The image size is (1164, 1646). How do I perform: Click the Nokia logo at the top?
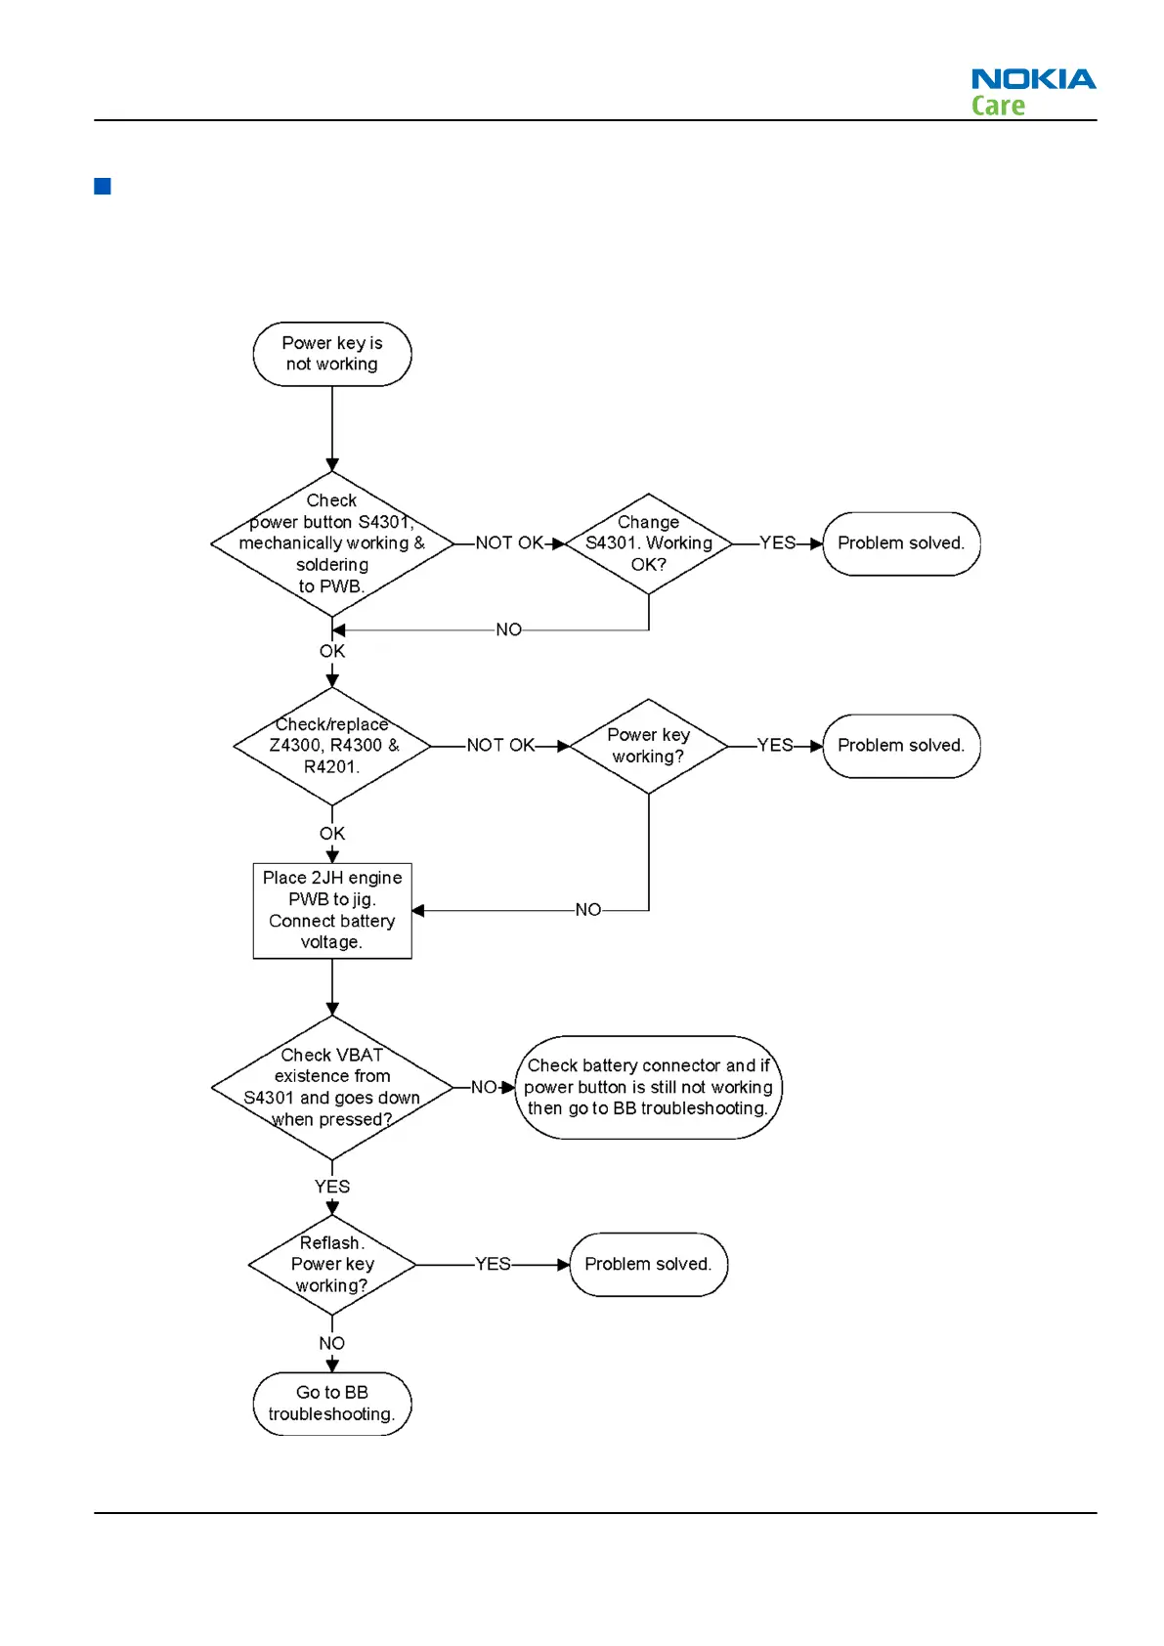1033,79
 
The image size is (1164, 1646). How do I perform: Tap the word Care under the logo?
998,106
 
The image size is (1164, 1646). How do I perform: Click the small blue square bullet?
103,186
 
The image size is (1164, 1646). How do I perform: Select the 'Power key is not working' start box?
332,354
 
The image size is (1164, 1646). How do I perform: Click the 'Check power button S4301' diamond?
332,543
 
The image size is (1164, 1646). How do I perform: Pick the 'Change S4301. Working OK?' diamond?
648,543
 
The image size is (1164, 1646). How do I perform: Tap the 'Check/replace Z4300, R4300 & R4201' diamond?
332,746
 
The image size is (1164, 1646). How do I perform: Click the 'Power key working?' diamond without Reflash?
648,746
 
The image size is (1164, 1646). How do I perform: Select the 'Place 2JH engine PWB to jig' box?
332,910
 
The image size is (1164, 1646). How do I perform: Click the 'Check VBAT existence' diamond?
332,1087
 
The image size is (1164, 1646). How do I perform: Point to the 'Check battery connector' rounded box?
648,1087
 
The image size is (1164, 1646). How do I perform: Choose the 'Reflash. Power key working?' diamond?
332,1264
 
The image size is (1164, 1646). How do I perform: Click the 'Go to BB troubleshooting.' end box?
332,1403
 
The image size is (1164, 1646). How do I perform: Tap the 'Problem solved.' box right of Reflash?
648,1264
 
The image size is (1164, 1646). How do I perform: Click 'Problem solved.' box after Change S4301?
901,543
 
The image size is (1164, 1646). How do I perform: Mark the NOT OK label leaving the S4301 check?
509,543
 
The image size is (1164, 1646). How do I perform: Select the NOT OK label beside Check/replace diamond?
500,746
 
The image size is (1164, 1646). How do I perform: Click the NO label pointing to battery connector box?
483,1087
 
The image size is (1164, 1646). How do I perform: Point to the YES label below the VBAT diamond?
332,1187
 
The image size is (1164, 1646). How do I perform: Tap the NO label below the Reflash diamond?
332,1343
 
